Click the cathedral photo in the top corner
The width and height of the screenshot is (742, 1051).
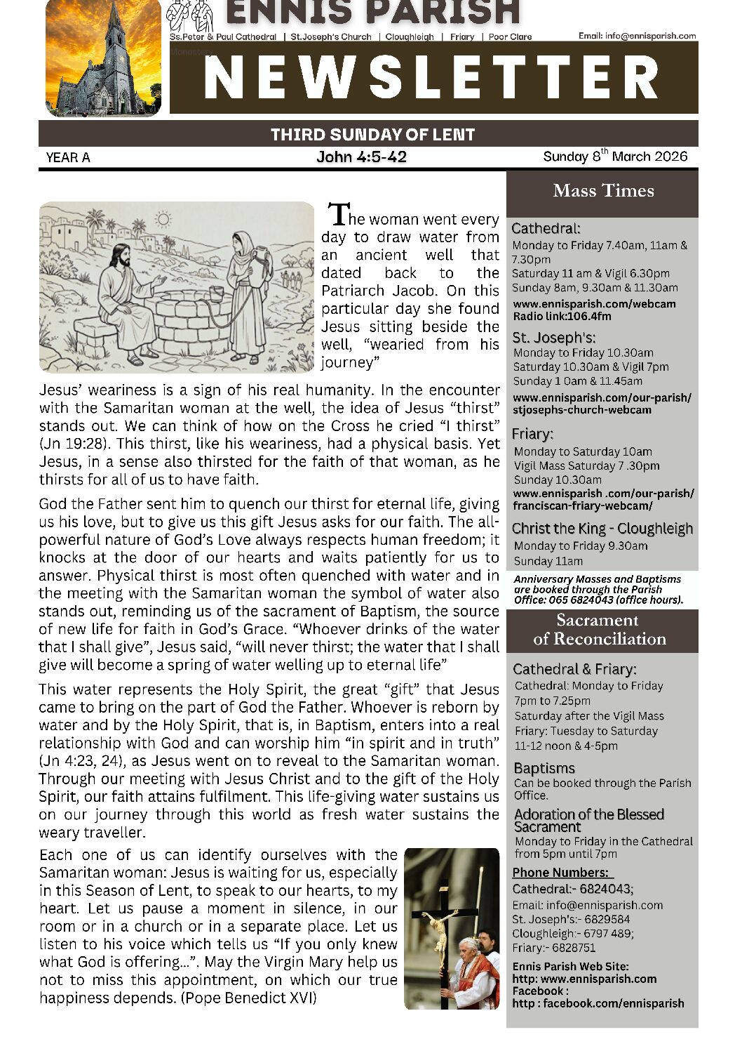point(103,58)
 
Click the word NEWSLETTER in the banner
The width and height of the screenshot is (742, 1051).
point(432,77)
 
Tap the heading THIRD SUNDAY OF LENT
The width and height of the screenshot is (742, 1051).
point(372,134)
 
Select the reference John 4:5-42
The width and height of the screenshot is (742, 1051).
point(361,157)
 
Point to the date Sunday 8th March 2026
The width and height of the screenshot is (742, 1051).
point(615,157)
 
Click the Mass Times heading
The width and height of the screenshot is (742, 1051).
point(603,190)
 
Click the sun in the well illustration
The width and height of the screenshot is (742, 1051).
point(163,220)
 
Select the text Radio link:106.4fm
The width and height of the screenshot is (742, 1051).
point(562,316)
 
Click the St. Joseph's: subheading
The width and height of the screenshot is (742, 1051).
point(553,337)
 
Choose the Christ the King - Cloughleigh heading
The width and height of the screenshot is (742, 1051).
point(602,529)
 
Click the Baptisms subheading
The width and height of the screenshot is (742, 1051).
point(544,768)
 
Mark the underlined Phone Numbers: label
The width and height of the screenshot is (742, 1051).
point(562,873)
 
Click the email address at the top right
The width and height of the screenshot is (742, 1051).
point(637,36)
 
